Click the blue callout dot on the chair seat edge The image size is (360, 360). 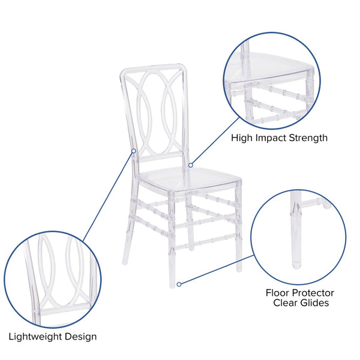[x=191, y=164]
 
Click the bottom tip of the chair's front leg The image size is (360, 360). [x=172, y=284]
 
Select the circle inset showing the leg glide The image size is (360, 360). [x=298, y=236]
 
